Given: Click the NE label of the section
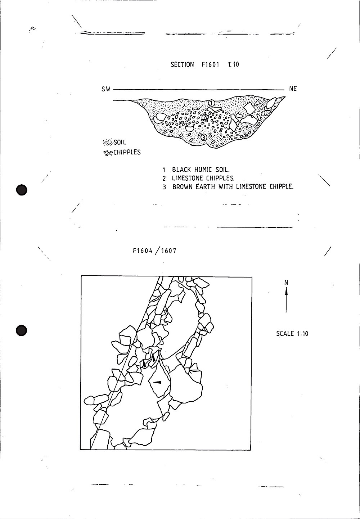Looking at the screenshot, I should (293, 89).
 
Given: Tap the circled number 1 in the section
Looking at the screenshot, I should (212, 103).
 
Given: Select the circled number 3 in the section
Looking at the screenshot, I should (203, 137).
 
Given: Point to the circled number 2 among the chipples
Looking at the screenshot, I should (204, 117).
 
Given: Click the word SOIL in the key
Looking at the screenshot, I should (120, 143).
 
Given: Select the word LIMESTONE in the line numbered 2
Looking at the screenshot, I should (188, 178).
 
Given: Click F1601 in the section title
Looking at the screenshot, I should (210, 65).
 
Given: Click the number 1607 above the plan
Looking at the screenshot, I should (168, 251).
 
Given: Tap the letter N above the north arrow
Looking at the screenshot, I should (286, 283).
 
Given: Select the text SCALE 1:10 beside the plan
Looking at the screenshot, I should (292, 334).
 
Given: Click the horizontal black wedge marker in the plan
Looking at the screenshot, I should (157, 382).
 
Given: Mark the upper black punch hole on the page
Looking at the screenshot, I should (22, 190).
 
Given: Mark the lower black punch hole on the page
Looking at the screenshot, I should (22, 330).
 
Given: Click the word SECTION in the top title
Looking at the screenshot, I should (182, 65).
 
